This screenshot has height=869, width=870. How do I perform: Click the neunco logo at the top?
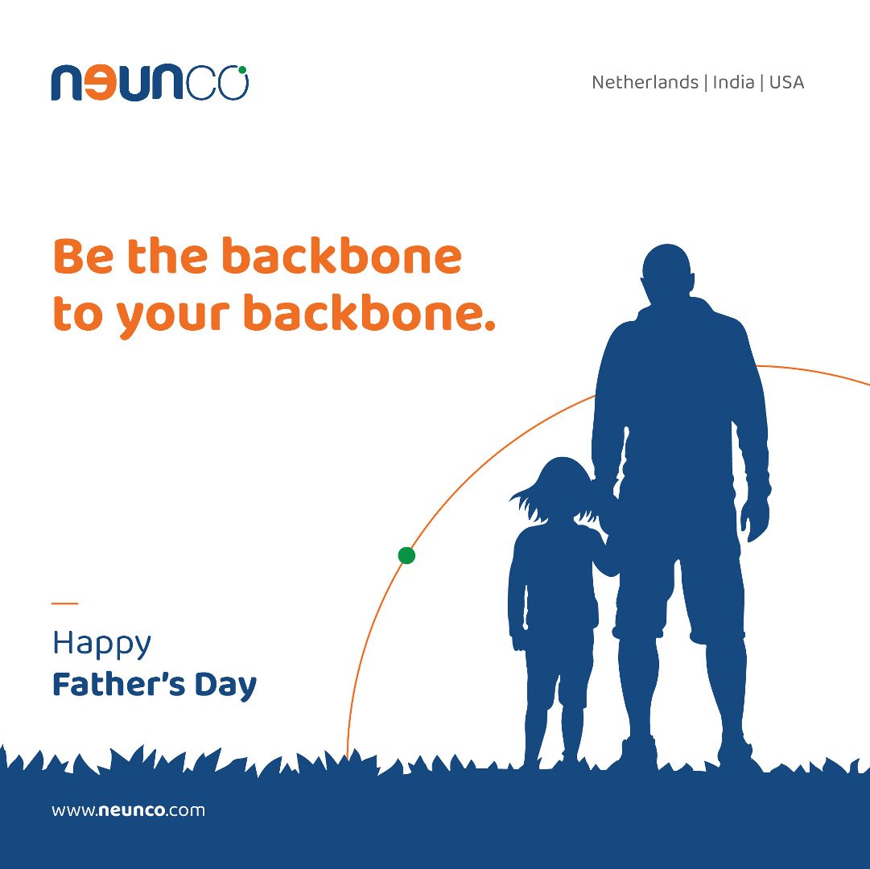click(150, 83)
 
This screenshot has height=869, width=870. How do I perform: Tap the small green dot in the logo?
click(242, 70)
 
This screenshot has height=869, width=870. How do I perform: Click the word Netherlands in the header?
click(645, 82)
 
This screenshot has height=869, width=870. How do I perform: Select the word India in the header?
click(733, 82)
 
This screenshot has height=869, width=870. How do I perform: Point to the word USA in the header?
click(786, 82)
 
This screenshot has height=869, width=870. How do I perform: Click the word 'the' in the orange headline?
click(167, 256)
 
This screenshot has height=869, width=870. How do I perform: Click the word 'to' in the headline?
click(78, 315)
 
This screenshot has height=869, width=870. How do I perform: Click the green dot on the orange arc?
click(406, 555)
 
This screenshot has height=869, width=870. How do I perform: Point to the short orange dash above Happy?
click(65, 603)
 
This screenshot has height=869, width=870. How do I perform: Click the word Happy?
click(101, 644)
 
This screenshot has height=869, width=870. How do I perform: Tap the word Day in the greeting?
click(226, 686)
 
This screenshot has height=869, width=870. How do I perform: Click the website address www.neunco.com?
click(128, 810)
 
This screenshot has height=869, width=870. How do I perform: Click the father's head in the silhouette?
click(667, 274)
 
